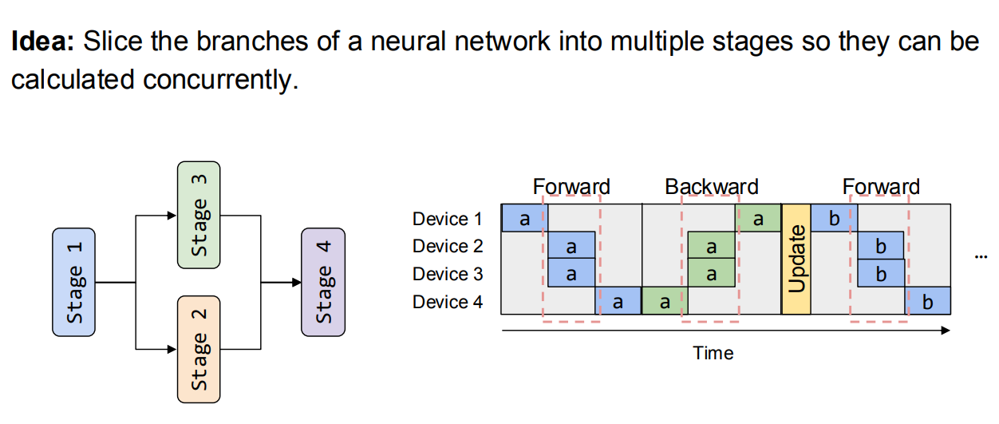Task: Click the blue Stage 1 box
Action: tap(74, 281)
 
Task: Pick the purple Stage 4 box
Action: tap(322, 281)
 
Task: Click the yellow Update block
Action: tap(796, 259)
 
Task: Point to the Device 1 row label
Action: tap(448, 219)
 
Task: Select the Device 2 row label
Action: tap(448, 246)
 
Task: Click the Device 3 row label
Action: tap(448, 274)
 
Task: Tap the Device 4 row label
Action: tap(448, 302)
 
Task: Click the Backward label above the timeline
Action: tap(711, 187)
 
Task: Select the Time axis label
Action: tap(713, 352)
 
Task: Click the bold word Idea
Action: tap(42, 42)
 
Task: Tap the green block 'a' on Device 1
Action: tap(758, 218)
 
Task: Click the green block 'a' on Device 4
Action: tap(664, 301)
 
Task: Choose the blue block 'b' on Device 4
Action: tap(927, 301)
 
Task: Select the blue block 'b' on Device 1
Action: tap(833, 218)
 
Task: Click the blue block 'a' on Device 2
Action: tap(571, 246)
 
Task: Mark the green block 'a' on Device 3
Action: tap(711, 273)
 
